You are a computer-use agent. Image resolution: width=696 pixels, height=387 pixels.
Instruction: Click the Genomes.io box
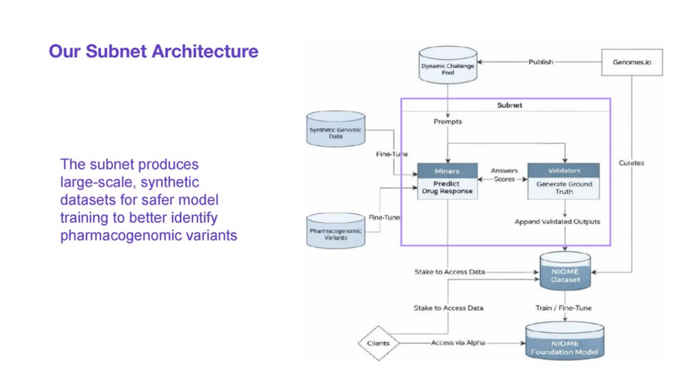(x=631, y=62)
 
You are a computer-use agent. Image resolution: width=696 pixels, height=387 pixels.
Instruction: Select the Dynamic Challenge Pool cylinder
(x=448, y=65)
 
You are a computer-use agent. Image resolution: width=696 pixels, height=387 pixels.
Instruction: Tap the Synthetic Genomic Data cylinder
(x=336, y=129)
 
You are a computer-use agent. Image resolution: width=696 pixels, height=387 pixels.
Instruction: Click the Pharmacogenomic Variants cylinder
(x=336, y=230)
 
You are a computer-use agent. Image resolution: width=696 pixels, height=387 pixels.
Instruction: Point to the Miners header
(x=447, y=171)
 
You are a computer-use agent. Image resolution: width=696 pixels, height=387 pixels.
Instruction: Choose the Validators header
(x=563, y=171)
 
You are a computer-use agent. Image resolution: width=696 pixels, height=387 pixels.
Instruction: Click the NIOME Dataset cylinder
(x=565, y=271)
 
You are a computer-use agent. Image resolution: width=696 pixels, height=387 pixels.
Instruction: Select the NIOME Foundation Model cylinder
(x=565, y=341)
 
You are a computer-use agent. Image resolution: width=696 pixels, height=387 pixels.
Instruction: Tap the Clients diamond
(x=378, y=343)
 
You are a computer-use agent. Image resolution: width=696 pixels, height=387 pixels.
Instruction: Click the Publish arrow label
(x=540, y=62)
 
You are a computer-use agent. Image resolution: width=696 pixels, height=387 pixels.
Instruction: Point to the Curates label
(x=631, y=163)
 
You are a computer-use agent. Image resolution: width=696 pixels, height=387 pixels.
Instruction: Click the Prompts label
(x=447, y=121)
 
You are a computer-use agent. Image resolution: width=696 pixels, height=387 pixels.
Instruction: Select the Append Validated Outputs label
(x=557, y=221)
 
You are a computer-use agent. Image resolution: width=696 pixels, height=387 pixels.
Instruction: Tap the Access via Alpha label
(x=458, y=343)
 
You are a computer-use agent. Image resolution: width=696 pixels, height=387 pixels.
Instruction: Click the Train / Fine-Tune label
(x=563, y=308)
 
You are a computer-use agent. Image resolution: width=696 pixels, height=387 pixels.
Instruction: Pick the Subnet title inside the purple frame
(x=509, y=105)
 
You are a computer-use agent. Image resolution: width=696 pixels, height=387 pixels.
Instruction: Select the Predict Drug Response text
(x=447, y=188)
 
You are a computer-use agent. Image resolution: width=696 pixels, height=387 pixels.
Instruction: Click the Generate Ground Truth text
(x=564, y=188)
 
